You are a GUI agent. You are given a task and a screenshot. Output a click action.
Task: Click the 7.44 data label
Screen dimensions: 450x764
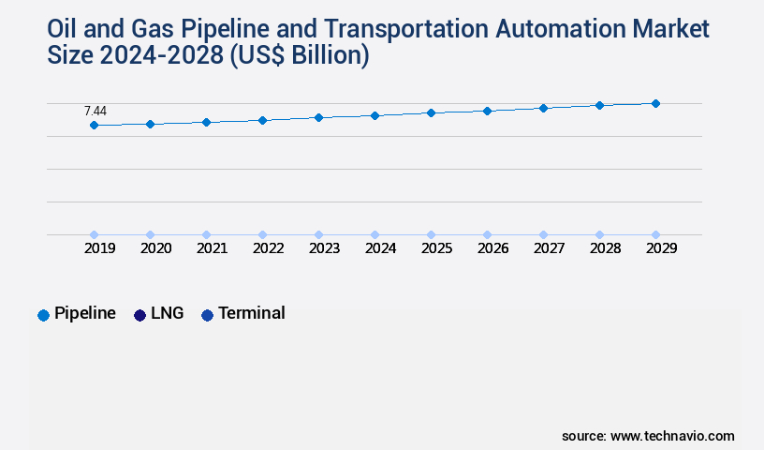(95, 112)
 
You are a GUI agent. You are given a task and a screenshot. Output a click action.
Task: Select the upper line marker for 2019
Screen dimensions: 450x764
(94, 125)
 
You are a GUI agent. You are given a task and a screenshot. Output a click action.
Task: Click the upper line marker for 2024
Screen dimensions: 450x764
(375, 115)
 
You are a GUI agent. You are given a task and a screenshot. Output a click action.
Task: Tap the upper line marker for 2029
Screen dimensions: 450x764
(655, 103)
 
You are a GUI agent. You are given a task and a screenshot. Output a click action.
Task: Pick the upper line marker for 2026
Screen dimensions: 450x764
(487, 111)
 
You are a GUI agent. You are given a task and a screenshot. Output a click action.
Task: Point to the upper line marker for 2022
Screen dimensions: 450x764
(262, 120)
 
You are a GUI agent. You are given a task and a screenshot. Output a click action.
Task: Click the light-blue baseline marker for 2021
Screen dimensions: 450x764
(206, 234)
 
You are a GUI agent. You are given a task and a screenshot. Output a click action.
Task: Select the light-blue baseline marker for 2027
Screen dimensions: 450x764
(543, 234)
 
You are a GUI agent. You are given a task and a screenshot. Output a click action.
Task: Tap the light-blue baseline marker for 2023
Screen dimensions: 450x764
(318, 234)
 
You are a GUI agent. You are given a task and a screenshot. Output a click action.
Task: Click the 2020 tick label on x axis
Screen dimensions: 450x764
(155, 248)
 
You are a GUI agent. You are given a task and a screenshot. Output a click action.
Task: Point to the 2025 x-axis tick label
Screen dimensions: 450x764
(436, 248)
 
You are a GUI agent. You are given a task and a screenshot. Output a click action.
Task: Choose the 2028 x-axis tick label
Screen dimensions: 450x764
(605, 248)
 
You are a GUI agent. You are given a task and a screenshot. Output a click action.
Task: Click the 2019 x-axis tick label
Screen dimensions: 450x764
(99, 248)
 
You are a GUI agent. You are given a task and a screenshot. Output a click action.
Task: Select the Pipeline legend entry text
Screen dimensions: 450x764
(85, 313)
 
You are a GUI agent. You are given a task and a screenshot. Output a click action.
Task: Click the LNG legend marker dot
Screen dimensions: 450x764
(140, 315)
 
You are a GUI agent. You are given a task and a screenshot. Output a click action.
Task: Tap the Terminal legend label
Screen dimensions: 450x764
(252, 313)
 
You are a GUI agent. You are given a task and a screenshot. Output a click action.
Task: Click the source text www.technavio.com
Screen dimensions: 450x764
(672, 436)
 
